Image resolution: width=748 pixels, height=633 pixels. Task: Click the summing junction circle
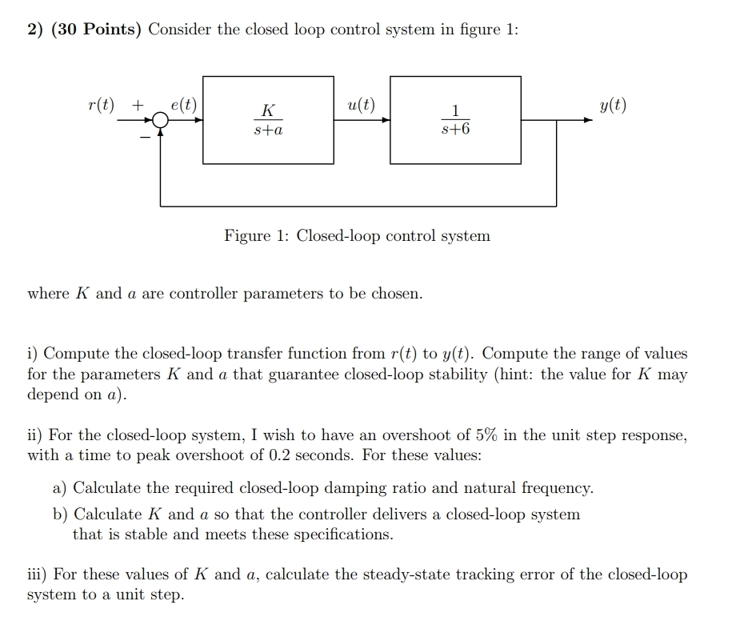[x=161, y=121]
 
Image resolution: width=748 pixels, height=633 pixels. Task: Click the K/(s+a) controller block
[x=268, y=120]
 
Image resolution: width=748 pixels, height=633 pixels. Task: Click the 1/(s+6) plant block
[x=455, y=120]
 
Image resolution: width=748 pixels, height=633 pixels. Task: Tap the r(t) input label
[x=101, y=106]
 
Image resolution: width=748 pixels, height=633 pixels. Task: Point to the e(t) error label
[x=184, y=106]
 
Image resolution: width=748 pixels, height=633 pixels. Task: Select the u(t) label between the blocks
[x=362, y=105]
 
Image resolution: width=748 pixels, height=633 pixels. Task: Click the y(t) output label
[x=614, y=106]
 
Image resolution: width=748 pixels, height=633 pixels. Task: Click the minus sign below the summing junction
[x=145, y=138]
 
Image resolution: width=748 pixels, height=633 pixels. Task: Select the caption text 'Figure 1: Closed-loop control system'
[x=357, y=236]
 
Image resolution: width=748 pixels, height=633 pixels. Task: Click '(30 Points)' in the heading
[x=95, y=30]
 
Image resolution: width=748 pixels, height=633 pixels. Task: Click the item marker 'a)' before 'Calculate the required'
[x=60, y=487]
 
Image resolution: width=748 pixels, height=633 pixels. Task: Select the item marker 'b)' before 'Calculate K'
[x=61, y=514]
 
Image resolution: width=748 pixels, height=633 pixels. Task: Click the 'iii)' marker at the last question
[x=38, y=574]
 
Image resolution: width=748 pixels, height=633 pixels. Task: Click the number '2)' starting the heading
[x=35, y=30]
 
